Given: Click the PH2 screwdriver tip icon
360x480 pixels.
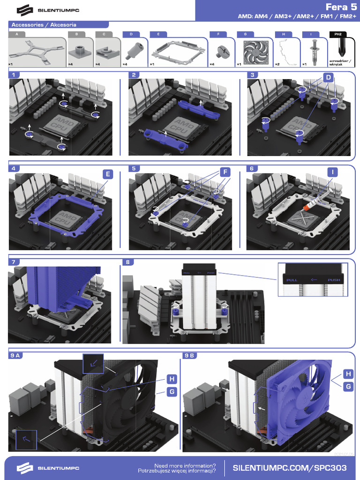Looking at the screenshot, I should [x=338, y=48].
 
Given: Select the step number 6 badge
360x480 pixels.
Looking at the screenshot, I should [x=252, y=168].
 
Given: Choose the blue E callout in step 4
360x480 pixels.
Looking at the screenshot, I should [x=108, y=174].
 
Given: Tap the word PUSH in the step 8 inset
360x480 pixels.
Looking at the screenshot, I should [x=334, y=280].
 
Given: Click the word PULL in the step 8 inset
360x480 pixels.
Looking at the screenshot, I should [x=292, y=280].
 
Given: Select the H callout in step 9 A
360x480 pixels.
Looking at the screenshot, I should [x=172, y=379].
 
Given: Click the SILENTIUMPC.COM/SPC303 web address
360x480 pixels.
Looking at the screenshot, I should [x=290, y=468].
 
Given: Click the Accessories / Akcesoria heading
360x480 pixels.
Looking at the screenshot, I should [x=44, y=24].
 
